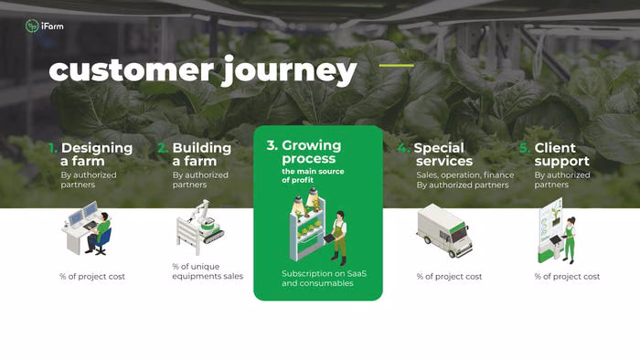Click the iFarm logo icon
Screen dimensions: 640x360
[32, 26]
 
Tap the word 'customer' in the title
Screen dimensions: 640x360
[131, 71]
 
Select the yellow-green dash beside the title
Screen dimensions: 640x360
[396, 65]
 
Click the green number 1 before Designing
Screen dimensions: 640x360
[53, 148]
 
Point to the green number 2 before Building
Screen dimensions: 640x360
[163, 148]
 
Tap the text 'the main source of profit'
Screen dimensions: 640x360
[313, 175]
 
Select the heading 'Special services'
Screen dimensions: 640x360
[443, 154]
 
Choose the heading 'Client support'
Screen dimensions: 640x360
[561, 154]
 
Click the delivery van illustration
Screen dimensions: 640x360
[444, 230]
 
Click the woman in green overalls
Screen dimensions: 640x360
[569, 240]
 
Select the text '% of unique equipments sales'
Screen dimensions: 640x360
[208, 271]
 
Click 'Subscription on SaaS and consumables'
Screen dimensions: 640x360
[324, 279]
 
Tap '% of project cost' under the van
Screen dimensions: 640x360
[449, 277]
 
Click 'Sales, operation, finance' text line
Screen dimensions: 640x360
[464, 175]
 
